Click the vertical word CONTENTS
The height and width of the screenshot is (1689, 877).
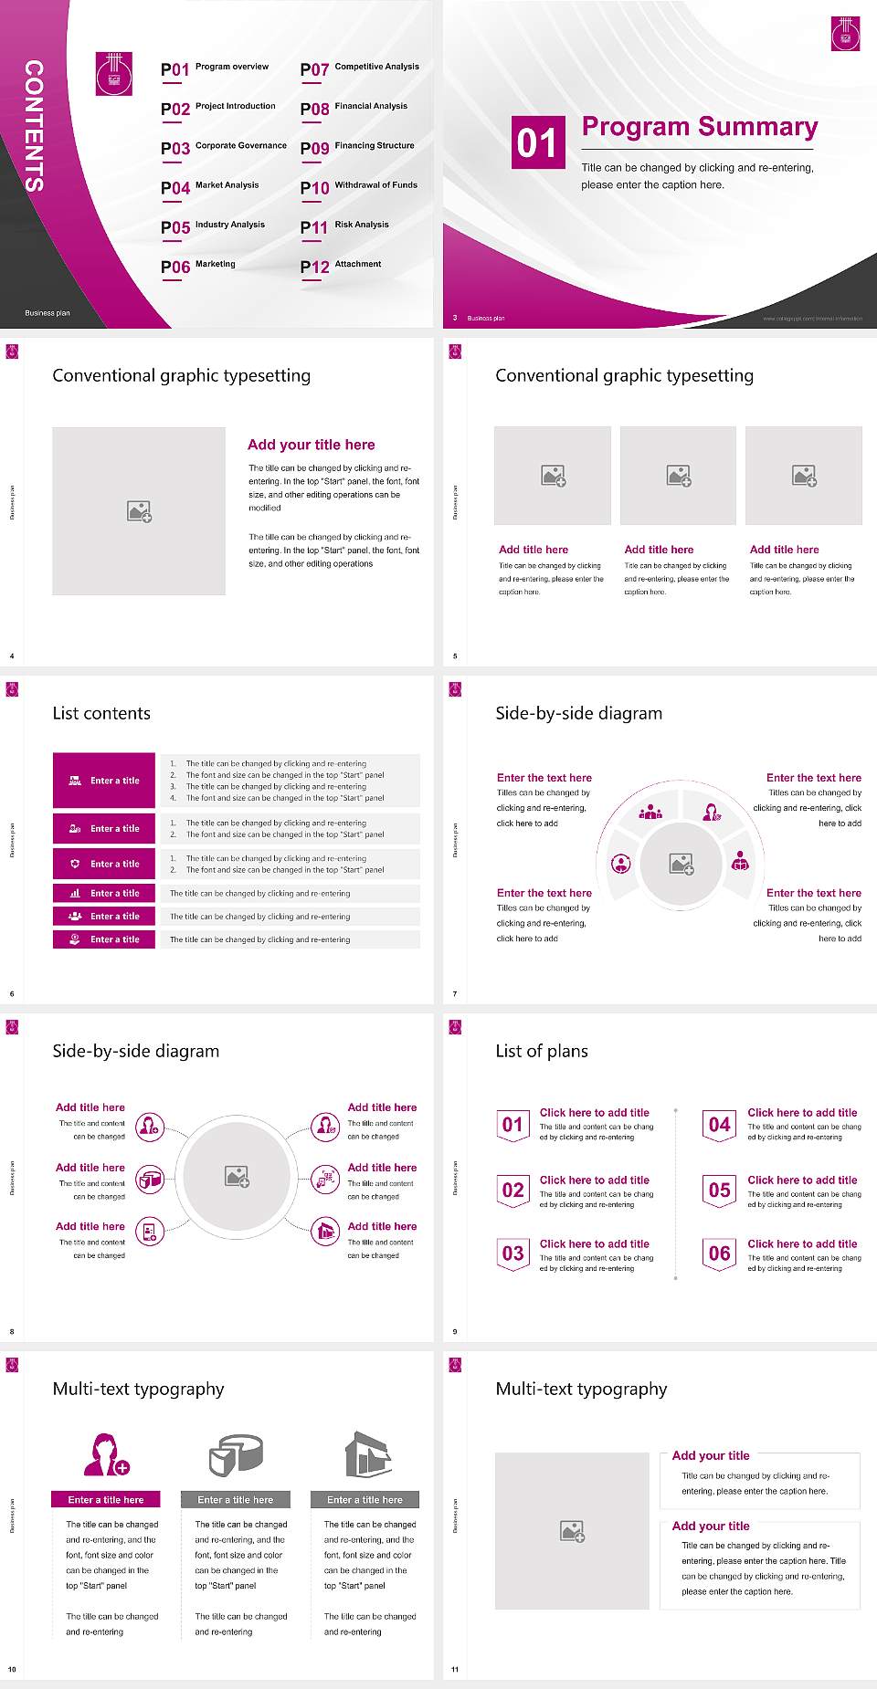coord(34,126)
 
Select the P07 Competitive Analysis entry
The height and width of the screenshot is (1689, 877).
coord(360,68)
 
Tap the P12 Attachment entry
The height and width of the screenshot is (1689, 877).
coord(341,266)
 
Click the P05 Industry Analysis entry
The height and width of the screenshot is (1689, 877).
coord(213,226)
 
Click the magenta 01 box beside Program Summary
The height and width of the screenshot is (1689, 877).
coord(536,142)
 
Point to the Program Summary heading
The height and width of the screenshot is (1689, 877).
coord(700,127)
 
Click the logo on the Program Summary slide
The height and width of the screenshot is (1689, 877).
coord(845,34)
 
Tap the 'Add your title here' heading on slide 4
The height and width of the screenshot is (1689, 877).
coord(311,445)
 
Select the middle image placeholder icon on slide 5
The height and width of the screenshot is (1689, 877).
coord(678,476)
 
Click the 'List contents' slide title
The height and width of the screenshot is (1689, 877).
coord(101,713)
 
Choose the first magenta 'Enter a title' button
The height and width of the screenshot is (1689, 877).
coord(105,781)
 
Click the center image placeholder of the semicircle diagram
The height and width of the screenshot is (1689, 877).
coord(682,864)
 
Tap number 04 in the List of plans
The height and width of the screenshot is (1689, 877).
coord(720,1125)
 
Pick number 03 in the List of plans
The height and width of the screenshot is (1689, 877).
coord(512,1254)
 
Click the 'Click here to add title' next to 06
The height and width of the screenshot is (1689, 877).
coord(802,1243)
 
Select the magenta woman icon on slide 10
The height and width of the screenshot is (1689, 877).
coord(106,1454)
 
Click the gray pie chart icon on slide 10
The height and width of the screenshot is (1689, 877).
coord(236,1454)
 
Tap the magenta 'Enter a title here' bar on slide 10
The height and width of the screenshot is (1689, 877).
coord(106,1499)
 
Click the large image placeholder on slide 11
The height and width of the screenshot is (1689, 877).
coord(572,1530)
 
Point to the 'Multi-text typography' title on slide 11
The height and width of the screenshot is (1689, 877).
coord(581,1389)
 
